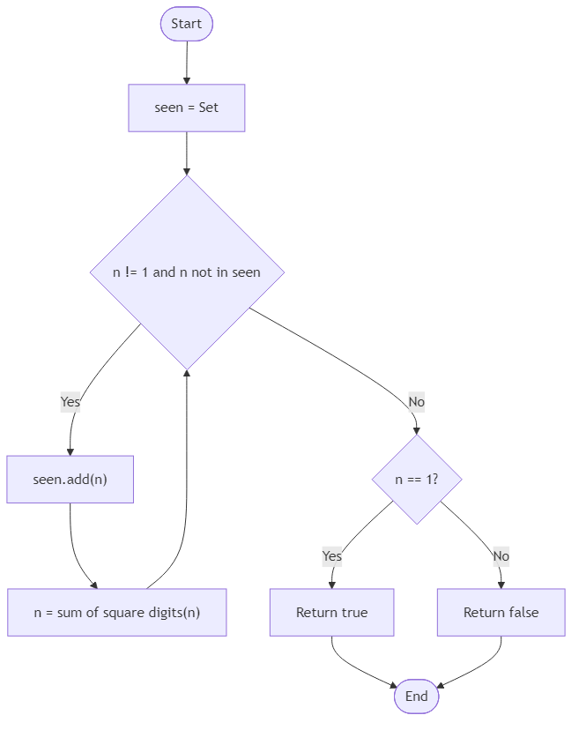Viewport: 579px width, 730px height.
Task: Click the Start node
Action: tap(187, 24)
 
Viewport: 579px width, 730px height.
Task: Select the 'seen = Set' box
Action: tap(187, 108)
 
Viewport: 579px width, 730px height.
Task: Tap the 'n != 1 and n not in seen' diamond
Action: tap(187, 272)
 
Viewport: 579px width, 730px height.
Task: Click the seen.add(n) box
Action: tap(71, 480)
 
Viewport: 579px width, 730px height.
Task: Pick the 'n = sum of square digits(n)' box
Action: tap(117, 612)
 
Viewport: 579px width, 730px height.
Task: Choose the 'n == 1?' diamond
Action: tap(417, 480)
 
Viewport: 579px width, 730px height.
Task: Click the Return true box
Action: tap(331, 612)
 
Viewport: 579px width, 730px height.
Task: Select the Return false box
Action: tap(501, 612)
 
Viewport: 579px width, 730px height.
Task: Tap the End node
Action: tap(417, 696)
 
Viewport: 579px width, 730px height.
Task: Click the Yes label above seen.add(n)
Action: tap(71, 402)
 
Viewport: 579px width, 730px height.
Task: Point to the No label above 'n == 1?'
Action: tap(417, 402)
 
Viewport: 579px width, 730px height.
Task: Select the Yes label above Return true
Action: tap(331, 556)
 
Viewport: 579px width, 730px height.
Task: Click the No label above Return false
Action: tap(501, 556)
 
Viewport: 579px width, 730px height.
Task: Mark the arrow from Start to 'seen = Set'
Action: tap(187, 62)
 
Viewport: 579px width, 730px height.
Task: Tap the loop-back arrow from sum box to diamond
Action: tap(185, 494)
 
